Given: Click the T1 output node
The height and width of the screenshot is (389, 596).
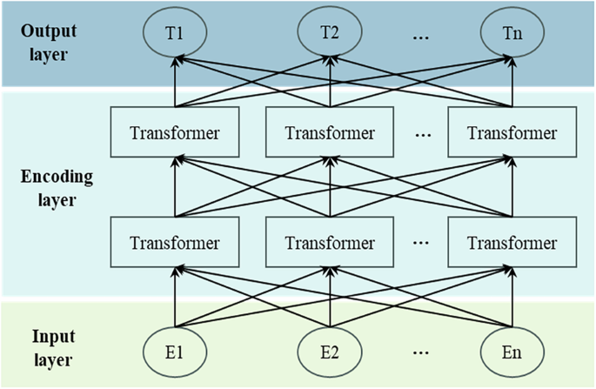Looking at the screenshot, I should tap(175, 34).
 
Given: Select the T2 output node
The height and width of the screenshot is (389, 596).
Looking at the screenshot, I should tap(329, 34).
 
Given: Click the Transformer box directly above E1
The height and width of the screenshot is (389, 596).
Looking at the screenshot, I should tap(175, 242).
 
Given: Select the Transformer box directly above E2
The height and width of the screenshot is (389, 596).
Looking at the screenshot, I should tap(329, 242).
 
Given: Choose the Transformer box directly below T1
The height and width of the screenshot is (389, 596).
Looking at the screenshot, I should tap(175, 133).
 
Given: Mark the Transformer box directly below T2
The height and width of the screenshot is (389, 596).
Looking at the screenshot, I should tap(329, 133).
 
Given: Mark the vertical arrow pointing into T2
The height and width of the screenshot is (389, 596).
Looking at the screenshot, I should tap(329, 84).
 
